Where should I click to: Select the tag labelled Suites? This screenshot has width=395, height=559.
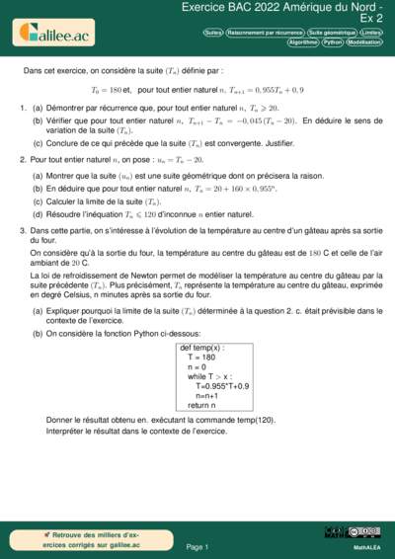(x=212, y=33)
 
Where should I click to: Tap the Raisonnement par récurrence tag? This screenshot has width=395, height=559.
(x=265, y=33)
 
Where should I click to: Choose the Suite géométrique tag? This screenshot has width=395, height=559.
(x=332, y=33)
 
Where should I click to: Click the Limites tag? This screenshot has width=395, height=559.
(x=371, y=33)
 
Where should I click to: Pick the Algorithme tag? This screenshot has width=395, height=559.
(x=302, y=42)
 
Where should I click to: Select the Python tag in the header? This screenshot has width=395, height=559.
(x=332, y=42)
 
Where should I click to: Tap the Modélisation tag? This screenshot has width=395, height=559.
(x=364, y=42)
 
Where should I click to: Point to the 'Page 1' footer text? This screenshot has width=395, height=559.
(x=197, y=546)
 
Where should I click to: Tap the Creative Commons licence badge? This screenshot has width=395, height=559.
(x=366, y=533)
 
